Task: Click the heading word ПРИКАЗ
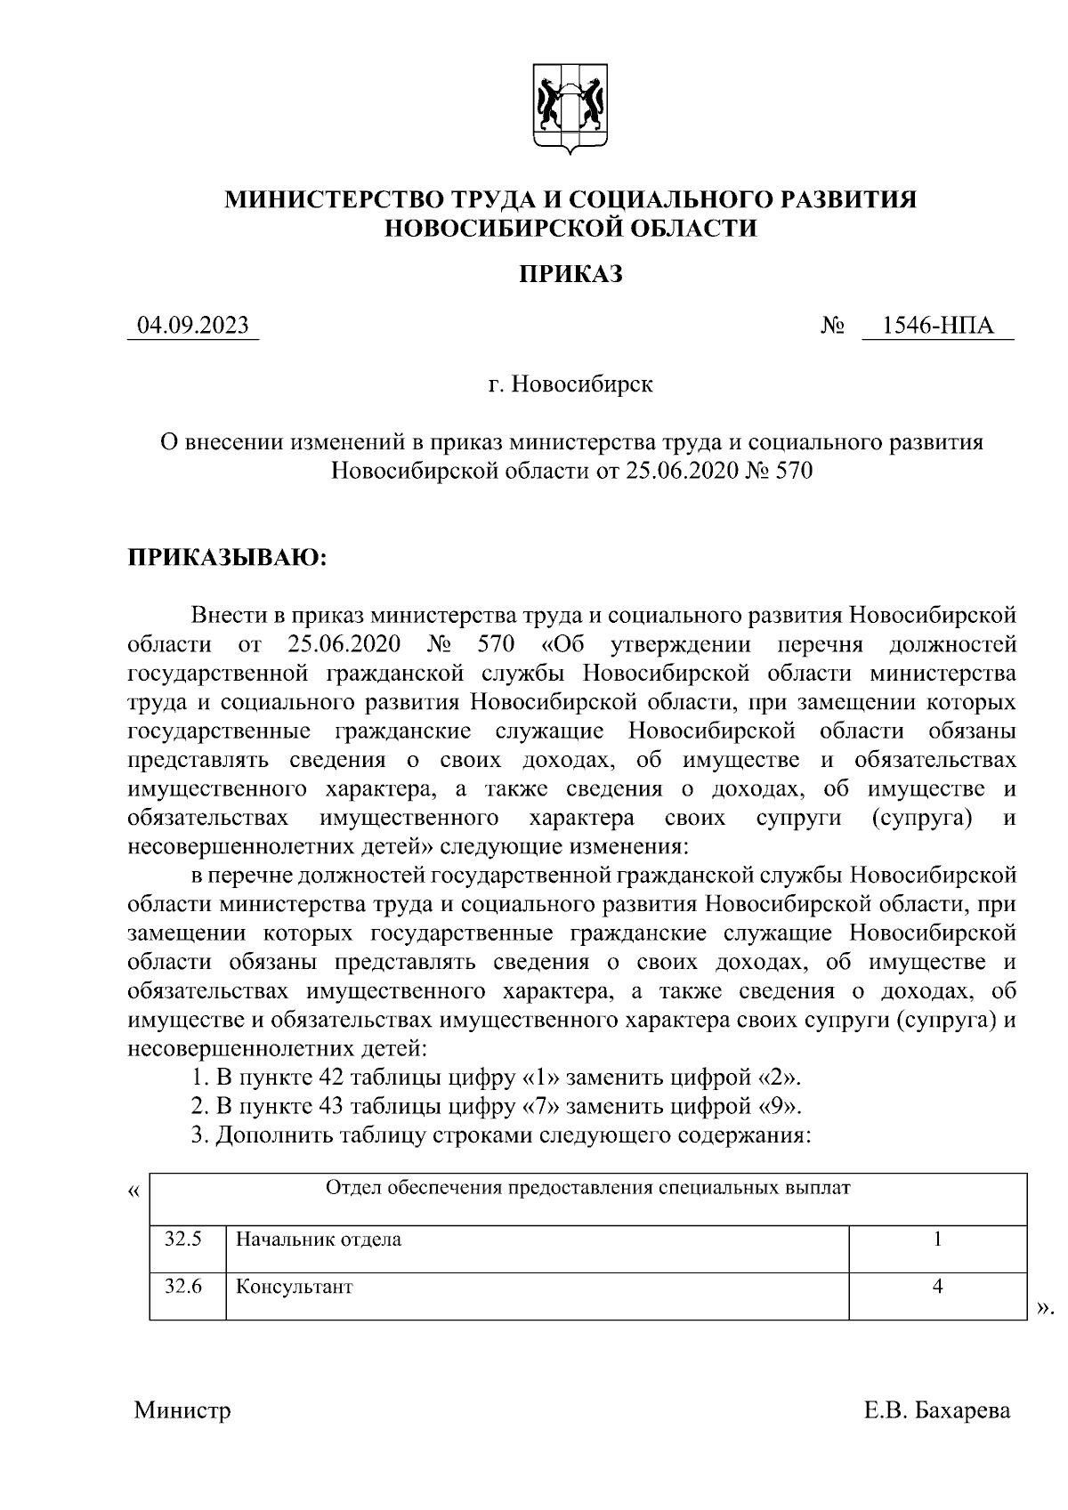point(570,274)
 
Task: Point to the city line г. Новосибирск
point(570,384)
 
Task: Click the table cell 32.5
point(183,1239)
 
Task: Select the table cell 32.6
point(183,1286)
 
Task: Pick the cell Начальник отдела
point(318,1239)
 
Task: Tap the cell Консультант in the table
point(294,1287)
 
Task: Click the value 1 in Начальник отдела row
point(938,1239)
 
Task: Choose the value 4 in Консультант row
point(938,1286)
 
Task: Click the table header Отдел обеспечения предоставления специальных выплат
point(588,1188)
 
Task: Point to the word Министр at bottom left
point(182,1411)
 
